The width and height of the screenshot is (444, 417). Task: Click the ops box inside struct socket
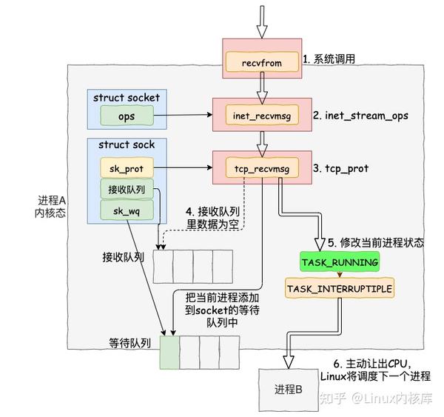click(x=127, y=116)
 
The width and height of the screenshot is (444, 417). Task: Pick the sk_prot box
click(x=127, y=169)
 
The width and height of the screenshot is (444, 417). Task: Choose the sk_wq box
click(x=127, y=211)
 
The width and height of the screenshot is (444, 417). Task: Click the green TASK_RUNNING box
click(x=340, y=262)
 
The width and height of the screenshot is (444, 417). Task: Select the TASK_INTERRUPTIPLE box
click(x=340, y=287)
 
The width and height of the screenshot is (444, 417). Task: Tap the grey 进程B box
click(x=288, y=390)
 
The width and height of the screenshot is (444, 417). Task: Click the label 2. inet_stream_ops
click(x=360, y=116)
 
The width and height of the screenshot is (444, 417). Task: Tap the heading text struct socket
click(x=127, y=97)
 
